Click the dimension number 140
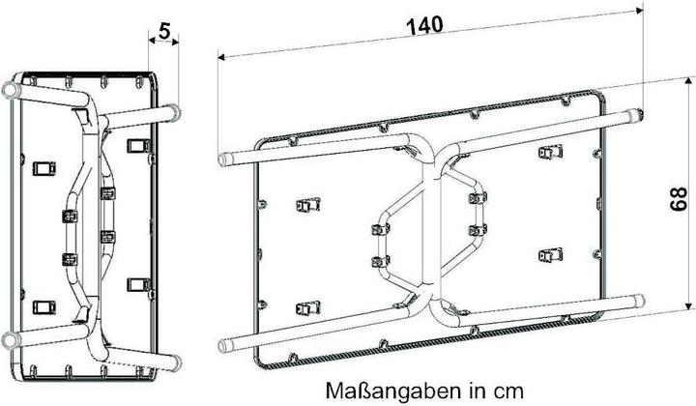(424, 25)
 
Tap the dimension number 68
(679, 199)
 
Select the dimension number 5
(164, 31)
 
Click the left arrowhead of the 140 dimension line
(222, 57)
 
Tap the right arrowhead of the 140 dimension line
(639, 11)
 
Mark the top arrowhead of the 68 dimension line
(688, 81)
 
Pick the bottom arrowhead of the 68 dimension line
(688, 305)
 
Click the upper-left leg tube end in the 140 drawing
(223, 159)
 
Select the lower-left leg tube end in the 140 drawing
(224, 346)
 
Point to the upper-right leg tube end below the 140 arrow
(637, 114)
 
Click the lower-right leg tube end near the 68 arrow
(639, 301)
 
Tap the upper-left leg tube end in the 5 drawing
(10, 90)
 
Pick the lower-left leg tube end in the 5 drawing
(10, 340)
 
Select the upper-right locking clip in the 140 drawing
(550, 152)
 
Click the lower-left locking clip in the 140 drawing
(308, 308)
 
